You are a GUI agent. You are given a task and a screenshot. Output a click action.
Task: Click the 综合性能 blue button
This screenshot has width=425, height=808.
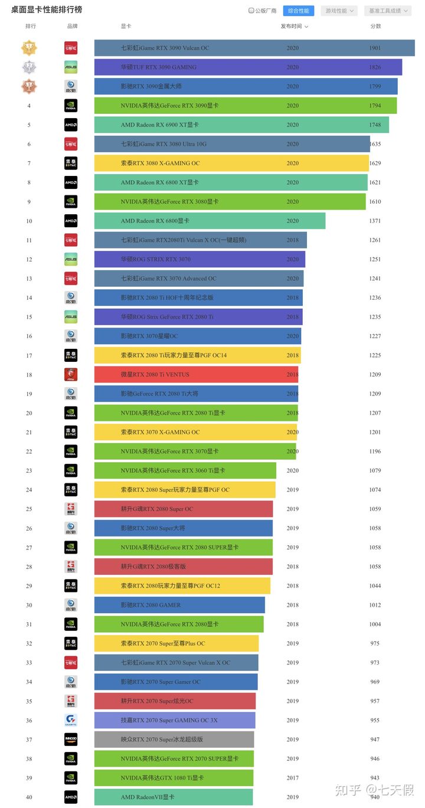[298, 11]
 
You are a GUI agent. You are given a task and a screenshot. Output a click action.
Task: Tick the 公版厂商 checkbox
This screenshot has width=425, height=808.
[251, 11]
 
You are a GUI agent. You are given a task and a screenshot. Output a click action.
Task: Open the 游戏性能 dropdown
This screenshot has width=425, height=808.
[339, 11]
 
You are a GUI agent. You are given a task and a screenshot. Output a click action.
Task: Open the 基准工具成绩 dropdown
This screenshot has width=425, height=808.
[387, 11]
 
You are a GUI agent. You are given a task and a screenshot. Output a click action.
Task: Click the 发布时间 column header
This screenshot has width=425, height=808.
[294, 27]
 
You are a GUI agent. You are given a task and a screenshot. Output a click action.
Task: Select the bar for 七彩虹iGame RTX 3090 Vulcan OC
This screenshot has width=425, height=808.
[254, 48]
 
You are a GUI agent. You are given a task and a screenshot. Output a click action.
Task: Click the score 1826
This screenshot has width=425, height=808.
[375, 67]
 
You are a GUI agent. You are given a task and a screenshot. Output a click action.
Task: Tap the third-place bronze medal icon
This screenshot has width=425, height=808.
[29, 86]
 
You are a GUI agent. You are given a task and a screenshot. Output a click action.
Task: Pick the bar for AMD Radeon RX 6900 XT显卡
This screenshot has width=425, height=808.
[241, 125]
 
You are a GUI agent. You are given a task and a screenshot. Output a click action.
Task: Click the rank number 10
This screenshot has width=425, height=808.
[29, 221]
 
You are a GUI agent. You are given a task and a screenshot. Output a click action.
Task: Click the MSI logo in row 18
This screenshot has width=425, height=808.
[71, 375]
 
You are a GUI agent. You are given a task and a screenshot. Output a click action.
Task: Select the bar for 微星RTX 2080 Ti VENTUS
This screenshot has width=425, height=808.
[196, 375]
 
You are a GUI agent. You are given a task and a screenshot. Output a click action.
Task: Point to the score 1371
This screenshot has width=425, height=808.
[375, 221]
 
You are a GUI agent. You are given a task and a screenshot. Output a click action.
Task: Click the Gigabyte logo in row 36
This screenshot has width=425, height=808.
[71, 721]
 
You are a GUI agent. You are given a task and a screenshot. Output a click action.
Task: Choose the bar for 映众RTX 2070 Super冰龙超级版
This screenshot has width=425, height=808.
[174, 740]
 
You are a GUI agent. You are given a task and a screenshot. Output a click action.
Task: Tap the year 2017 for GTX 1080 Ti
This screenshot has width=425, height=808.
[293, 778]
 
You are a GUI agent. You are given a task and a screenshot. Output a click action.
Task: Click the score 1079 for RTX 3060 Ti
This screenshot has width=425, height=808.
[375, 471]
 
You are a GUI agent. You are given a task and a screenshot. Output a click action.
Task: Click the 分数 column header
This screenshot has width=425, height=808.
[375, 27]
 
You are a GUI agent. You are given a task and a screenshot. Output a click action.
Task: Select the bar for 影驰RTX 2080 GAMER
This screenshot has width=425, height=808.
[179, 605]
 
